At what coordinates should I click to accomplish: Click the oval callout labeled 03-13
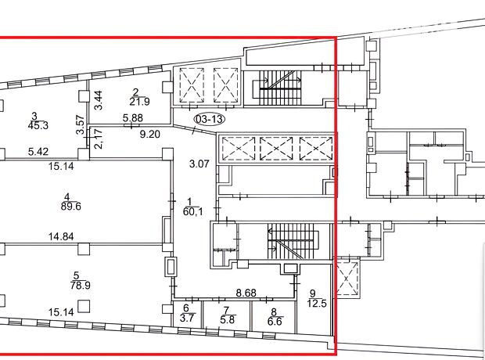(x=210, y=119)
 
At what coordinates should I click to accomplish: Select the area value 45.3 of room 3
(x=38, y=126)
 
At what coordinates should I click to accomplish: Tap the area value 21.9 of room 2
(x=139, y=102)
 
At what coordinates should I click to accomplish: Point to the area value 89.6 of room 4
(x=71, y=207)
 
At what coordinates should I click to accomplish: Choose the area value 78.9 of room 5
(x=80, y=285)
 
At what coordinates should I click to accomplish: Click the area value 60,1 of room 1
(x=193, y=212)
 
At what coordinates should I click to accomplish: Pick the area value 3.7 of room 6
(x=187, y=318)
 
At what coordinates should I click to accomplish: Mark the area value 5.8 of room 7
(x=228, y=319)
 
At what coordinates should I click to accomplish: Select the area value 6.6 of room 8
(x=275, y=322)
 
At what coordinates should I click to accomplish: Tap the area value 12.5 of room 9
(x=317, y=303)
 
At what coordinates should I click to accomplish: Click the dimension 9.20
(x=150, y=135)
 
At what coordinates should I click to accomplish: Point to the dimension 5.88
(x=133, y=118)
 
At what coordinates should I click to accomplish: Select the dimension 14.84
(x=61, y=237)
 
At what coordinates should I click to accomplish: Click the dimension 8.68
(x=246, y=293)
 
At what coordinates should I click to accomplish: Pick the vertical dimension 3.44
(x=99, y=100)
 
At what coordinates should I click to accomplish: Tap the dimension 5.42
(x=38, y=152)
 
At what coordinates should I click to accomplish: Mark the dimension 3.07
(x=199, y=164)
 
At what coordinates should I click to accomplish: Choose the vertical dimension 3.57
(x=80, y=124)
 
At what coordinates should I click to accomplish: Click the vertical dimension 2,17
(x=99, y=139)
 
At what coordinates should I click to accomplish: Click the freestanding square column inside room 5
(x=84, y=306)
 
